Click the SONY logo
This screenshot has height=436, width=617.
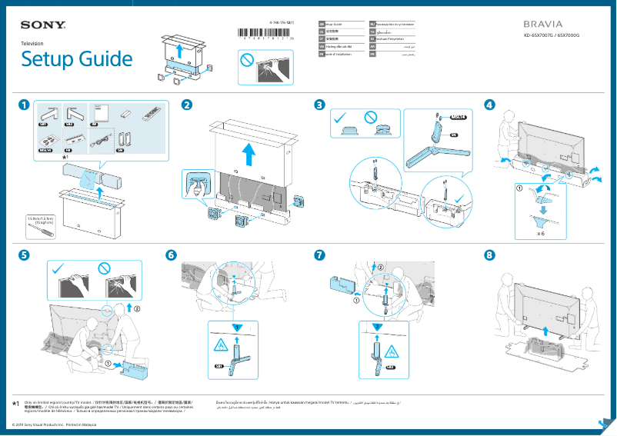pos(43,26)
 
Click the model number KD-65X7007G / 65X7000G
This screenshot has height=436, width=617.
pos(551,35)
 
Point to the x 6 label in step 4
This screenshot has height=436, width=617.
pos(541,232)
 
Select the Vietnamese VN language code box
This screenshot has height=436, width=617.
pos(322,45)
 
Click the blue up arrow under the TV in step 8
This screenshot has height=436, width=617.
pos(546,331)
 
